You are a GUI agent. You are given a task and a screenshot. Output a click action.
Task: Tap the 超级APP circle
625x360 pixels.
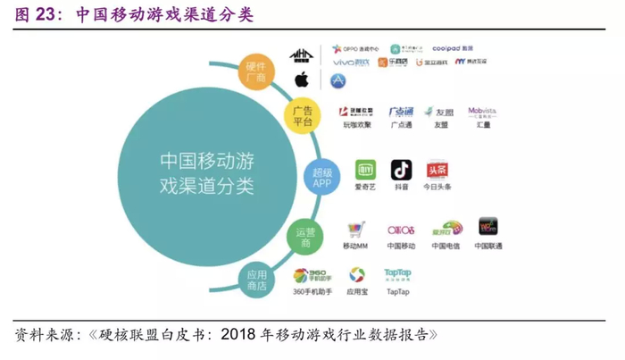(321, 177)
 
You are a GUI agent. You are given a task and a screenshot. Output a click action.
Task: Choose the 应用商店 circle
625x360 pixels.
(257, 281)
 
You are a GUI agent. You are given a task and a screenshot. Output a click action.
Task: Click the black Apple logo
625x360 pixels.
(301, 80)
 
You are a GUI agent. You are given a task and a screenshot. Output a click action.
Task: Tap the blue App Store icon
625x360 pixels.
(337, 80)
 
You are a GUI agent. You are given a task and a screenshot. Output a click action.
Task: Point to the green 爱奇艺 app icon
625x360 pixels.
(365, 170)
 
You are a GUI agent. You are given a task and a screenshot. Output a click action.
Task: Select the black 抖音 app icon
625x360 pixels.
(402, 170)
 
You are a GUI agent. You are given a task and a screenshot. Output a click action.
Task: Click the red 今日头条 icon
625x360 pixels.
(437, 170)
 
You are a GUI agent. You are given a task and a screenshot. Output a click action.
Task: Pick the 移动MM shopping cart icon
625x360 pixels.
(356, 229)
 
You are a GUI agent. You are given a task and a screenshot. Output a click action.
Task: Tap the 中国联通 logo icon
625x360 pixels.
(487, 227)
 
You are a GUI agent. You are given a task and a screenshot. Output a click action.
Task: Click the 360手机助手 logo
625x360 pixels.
(312, 275)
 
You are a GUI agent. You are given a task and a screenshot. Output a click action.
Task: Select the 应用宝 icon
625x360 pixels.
(357, 275)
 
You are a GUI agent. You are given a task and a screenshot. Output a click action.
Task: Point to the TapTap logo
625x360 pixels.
(396, 274)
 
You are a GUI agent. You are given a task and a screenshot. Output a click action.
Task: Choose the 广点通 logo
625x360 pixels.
(401, 113)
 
